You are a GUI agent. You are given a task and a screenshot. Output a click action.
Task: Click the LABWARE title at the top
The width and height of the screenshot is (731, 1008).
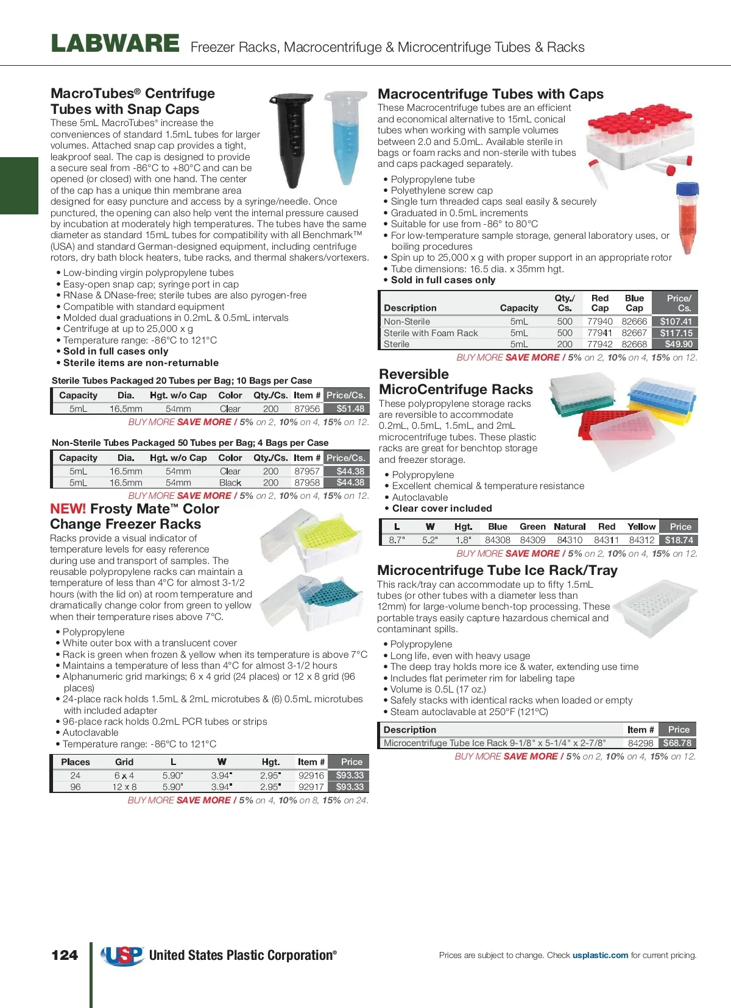pyautogui.click(x=115, y=44)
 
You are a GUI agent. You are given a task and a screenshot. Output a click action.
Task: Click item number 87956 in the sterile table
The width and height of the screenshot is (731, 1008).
pyautogui.click(x=307, y=409)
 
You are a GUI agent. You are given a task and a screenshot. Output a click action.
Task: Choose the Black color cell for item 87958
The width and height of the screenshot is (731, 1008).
pyautogui.click(x=230, y=483)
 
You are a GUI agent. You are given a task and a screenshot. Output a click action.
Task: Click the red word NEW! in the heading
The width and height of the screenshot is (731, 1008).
pyautogui.click(x=68, y=509)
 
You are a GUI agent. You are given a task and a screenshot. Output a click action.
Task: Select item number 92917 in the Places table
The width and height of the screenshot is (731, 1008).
pyautogui.click(x=311, y=787)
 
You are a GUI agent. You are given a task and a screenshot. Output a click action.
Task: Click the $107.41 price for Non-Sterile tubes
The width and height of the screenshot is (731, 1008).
pyautogui.click(x=676, y=322)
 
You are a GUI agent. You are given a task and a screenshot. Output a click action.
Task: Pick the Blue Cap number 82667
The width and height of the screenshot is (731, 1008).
pyautogui.click(x=634, y=333)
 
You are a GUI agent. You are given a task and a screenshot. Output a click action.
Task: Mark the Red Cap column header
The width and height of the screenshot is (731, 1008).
pyautogui.click(x=600, y=303)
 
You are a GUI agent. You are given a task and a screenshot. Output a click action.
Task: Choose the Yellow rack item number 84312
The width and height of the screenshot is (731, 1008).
pyautogui.click(x=641, y=540)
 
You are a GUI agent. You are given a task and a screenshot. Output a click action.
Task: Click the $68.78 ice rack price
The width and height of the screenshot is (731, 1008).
pyautogui.click(x=677, y=743)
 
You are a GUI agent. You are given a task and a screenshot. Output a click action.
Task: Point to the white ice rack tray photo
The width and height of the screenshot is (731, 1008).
pyautogui.click(x=655, y=606)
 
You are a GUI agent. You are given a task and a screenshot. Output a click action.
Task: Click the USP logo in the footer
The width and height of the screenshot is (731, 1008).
pyautogui.click(x=122, y=956)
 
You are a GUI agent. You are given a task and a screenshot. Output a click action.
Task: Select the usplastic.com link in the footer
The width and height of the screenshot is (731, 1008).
pyautogui.click(x=600, y=955)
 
